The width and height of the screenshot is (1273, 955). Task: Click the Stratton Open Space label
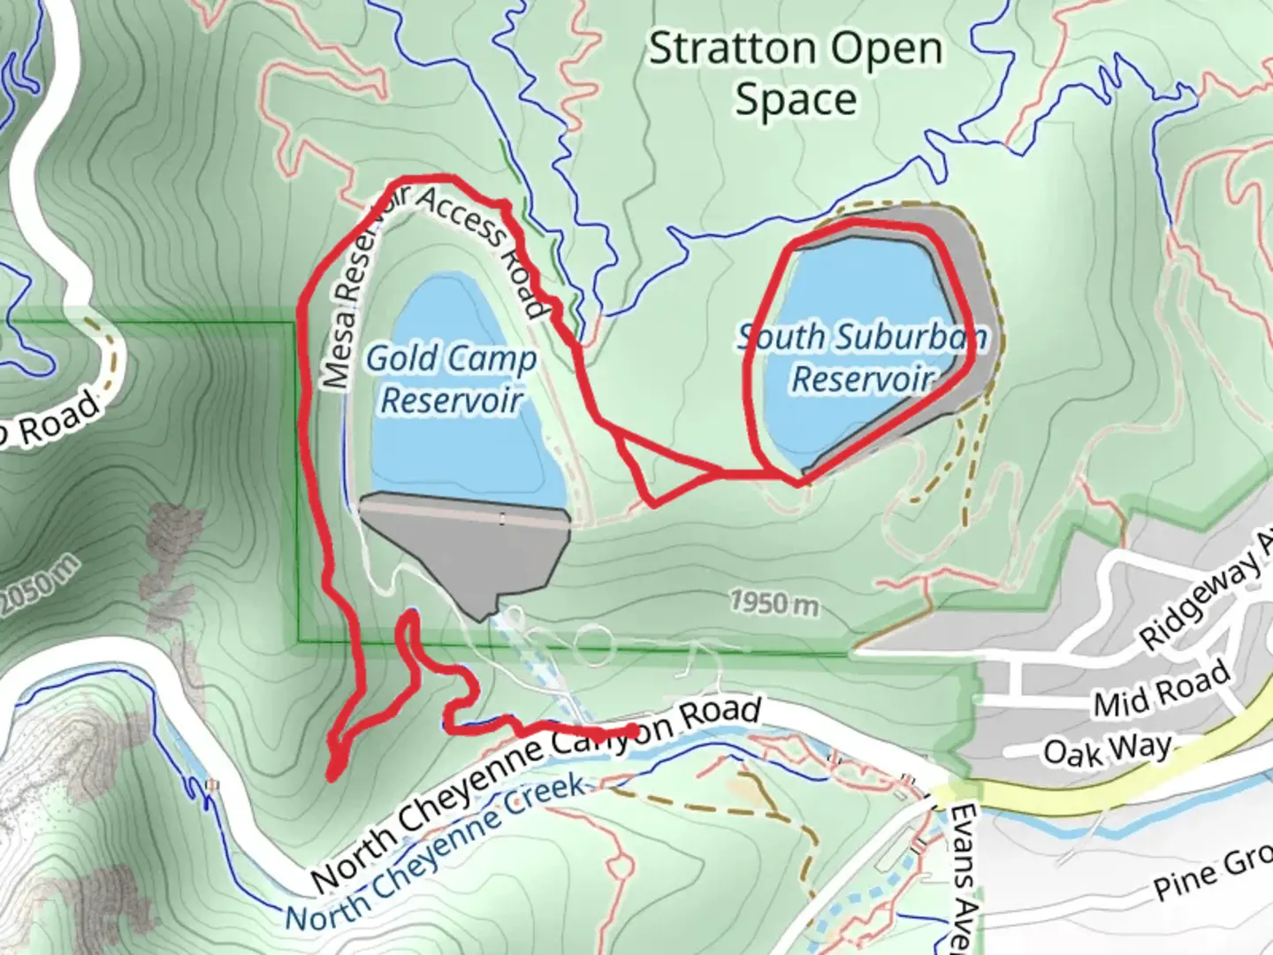click(x=795, y=74)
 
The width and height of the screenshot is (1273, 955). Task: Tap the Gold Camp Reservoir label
click(x=451, y=379)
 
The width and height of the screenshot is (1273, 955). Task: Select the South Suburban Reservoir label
click(x=862, y=357)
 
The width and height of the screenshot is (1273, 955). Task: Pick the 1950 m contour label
click(x=774, y=603)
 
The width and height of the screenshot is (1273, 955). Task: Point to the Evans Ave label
click(x=966, y=875)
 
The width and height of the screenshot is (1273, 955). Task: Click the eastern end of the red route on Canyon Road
click(x=633, y=730)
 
